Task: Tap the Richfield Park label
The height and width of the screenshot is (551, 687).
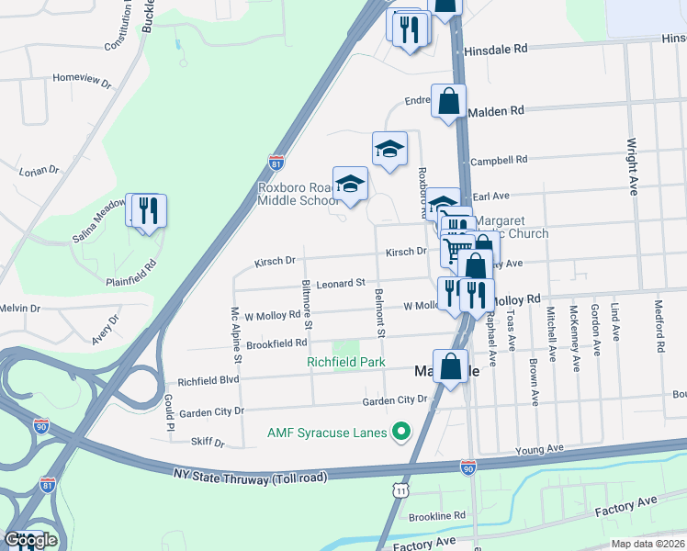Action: click(x=345, y=363)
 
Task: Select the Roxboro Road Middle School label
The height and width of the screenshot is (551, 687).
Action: click(x=298, y=194)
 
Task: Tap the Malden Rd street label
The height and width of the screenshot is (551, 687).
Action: click(x=495, y=110)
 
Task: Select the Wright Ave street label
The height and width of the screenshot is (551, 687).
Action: click(x=632, y=166)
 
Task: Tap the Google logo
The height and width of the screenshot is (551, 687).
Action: click(x=30, y=539)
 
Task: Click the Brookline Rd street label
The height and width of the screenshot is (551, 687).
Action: click(x=437, y=516)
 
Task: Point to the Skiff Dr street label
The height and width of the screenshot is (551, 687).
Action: click(x=208, y=443)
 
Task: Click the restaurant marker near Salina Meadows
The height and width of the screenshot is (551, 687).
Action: click(x=149, y=211)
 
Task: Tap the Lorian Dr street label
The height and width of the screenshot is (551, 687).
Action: click(x=39, y=171)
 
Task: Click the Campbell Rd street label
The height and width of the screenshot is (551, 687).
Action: click(x=499, y=160)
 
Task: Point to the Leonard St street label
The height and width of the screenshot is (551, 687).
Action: click(x=341, y=284)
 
